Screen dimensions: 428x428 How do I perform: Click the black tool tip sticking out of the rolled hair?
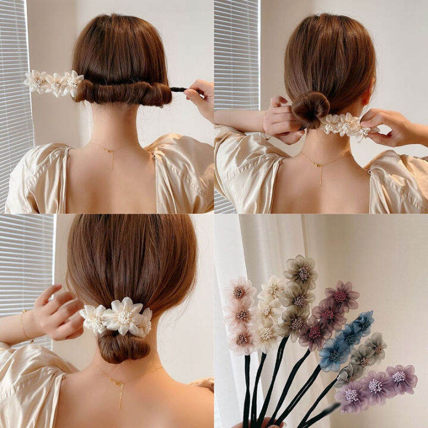pos(178,90)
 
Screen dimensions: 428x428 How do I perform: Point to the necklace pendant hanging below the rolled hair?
pos(112,156)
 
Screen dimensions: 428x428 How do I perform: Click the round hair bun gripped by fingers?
pos(310,108)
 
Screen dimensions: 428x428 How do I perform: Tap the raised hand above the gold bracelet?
pos(57,310)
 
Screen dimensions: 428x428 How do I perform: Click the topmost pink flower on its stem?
pos(240,291)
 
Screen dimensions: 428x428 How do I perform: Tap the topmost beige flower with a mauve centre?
pos(300,270)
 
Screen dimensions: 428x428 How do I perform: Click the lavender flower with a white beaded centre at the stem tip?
pos(400,378)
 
